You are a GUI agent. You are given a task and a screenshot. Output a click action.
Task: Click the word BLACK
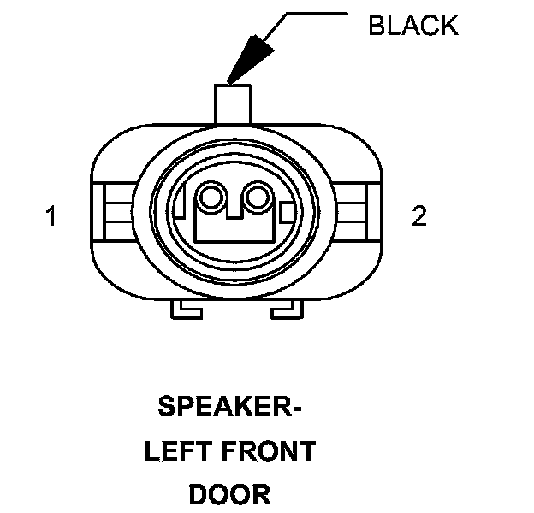(x=412, y=26)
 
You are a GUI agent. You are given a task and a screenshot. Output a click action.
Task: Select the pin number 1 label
(x=51, y=217)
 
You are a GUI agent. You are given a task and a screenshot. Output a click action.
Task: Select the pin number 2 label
(x=418, y=216)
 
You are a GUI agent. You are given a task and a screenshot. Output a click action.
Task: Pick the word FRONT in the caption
(x=265, y=451)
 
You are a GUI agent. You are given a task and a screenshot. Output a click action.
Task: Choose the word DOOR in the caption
(x=229, y=494)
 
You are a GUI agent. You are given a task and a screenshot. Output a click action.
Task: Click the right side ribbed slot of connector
(x=352, y=211)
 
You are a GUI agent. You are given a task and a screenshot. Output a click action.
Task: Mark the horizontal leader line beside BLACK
(x=316, y=13)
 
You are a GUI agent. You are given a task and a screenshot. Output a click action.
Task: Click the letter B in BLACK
(x=376, y=26)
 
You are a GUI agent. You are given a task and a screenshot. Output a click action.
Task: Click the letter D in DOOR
(x=198, y=494)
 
